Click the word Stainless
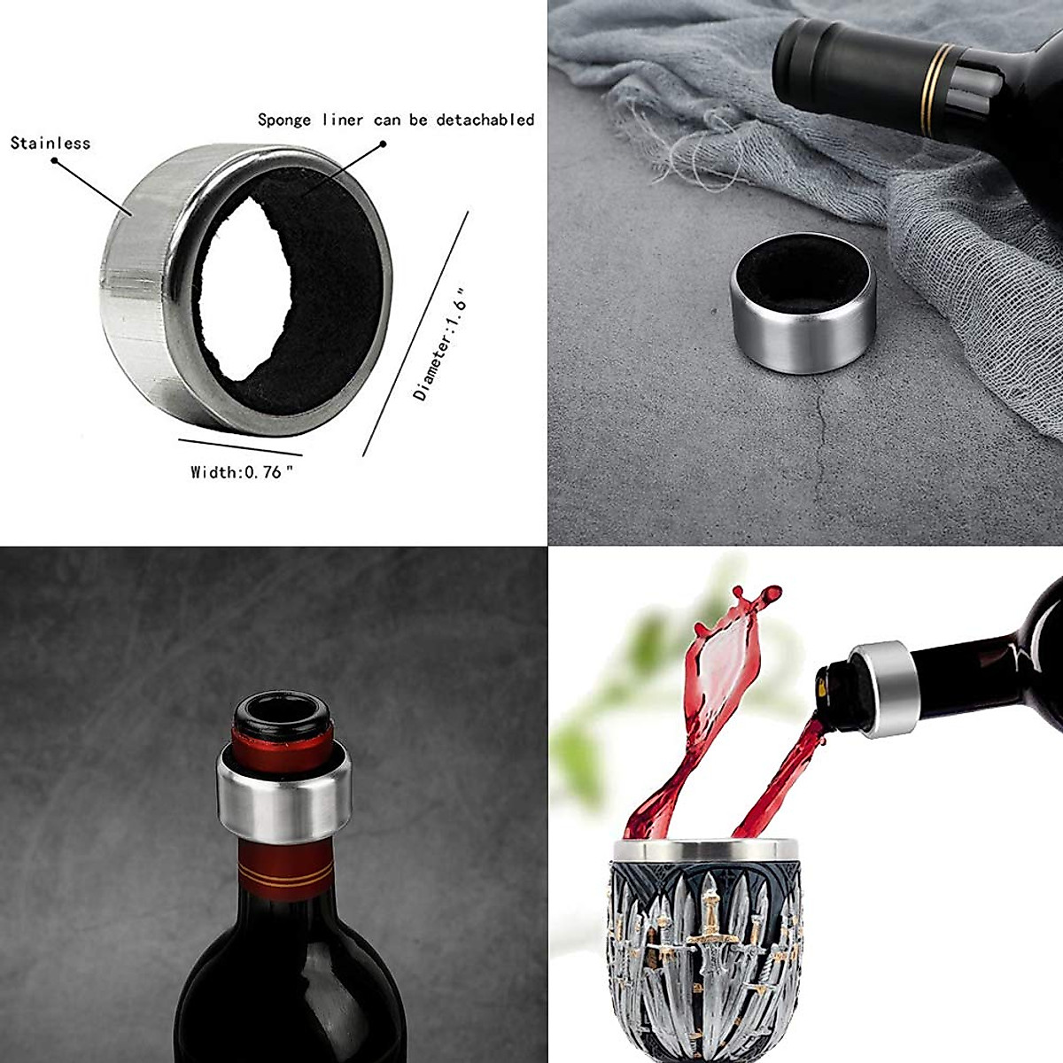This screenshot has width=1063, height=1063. [x=50, y=143]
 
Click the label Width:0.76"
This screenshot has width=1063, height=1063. [x=241, y=472]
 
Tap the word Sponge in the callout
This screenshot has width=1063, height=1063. [x=283, y=120]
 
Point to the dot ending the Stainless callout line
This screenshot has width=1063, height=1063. [x=54, y=161]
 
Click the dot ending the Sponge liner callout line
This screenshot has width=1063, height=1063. [x=383, y=144]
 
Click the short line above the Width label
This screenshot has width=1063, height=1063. [x=239, y=446]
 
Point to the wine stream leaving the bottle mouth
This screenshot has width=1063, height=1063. [x=788, y=762]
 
